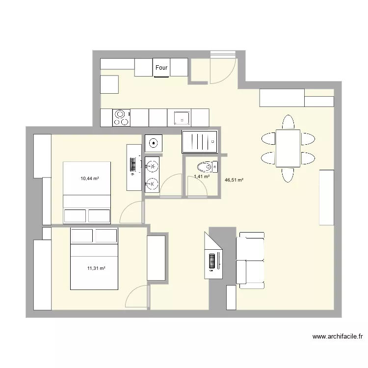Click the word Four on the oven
[161, 68]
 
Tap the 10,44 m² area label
[90, 179]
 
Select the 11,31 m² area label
[96, 268]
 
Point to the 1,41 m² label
[202, 177]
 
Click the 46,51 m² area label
[234, 180]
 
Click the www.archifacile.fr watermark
[338, 337]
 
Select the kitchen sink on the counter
[182, 118]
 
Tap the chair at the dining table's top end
[288, 122]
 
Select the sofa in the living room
[251, 259]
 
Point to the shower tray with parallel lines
[200, 142]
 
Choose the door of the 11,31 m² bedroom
[137, 297]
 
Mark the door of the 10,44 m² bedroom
[131, 212]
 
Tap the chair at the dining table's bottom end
[288, 175]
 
